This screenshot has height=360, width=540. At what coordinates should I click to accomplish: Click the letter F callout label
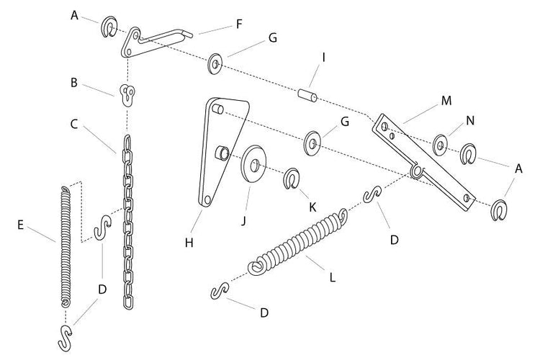click(x=239, y=24)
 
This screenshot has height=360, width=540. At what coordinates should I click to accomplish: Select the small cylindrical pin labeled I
click(x=307, y=96)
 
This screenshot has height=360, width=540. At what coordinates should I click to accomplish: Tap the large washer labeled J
click(x=254, y=163)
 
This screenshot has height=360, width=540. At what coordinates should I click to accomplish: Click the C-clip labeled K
click(x=292, y=179)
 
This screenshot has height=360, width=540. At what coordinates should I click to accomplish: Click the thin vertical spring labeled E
click(x=66, y=246)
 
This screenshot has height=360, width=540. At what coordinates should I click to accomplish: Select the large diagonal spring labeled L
click(x=298, y=241)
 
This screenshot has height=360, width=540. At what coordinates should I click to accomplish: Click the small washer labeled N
click(x=441, y=145)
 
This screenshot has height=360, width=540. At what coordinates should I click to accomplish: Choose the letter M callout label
click(x=446, y=101)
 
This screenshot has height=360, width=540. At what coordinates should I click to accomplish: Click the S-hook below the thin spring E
click(x=65, y=338)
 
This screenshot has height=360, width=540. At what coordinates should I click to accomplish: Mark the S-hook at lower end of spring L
click(x=220, y=291)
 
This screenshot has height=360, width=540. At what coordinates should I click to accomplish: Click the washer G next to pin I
click(x=215, y=64)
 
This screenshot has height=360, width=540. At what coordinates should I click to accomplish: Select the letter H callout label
click(x=189, y=243)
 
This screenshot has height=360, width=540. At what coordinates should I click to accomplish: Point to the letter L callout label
click(x=332, y=277)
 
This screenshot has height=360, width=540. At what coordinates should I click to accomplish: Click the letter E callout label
click(x=20, y=225)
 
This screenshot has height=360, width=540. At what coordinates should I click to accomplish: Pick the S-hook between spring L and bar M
click(x=373, y=194)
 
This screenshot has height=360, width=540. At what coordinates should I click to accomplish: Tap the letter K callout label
click(x=312, y=207)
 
